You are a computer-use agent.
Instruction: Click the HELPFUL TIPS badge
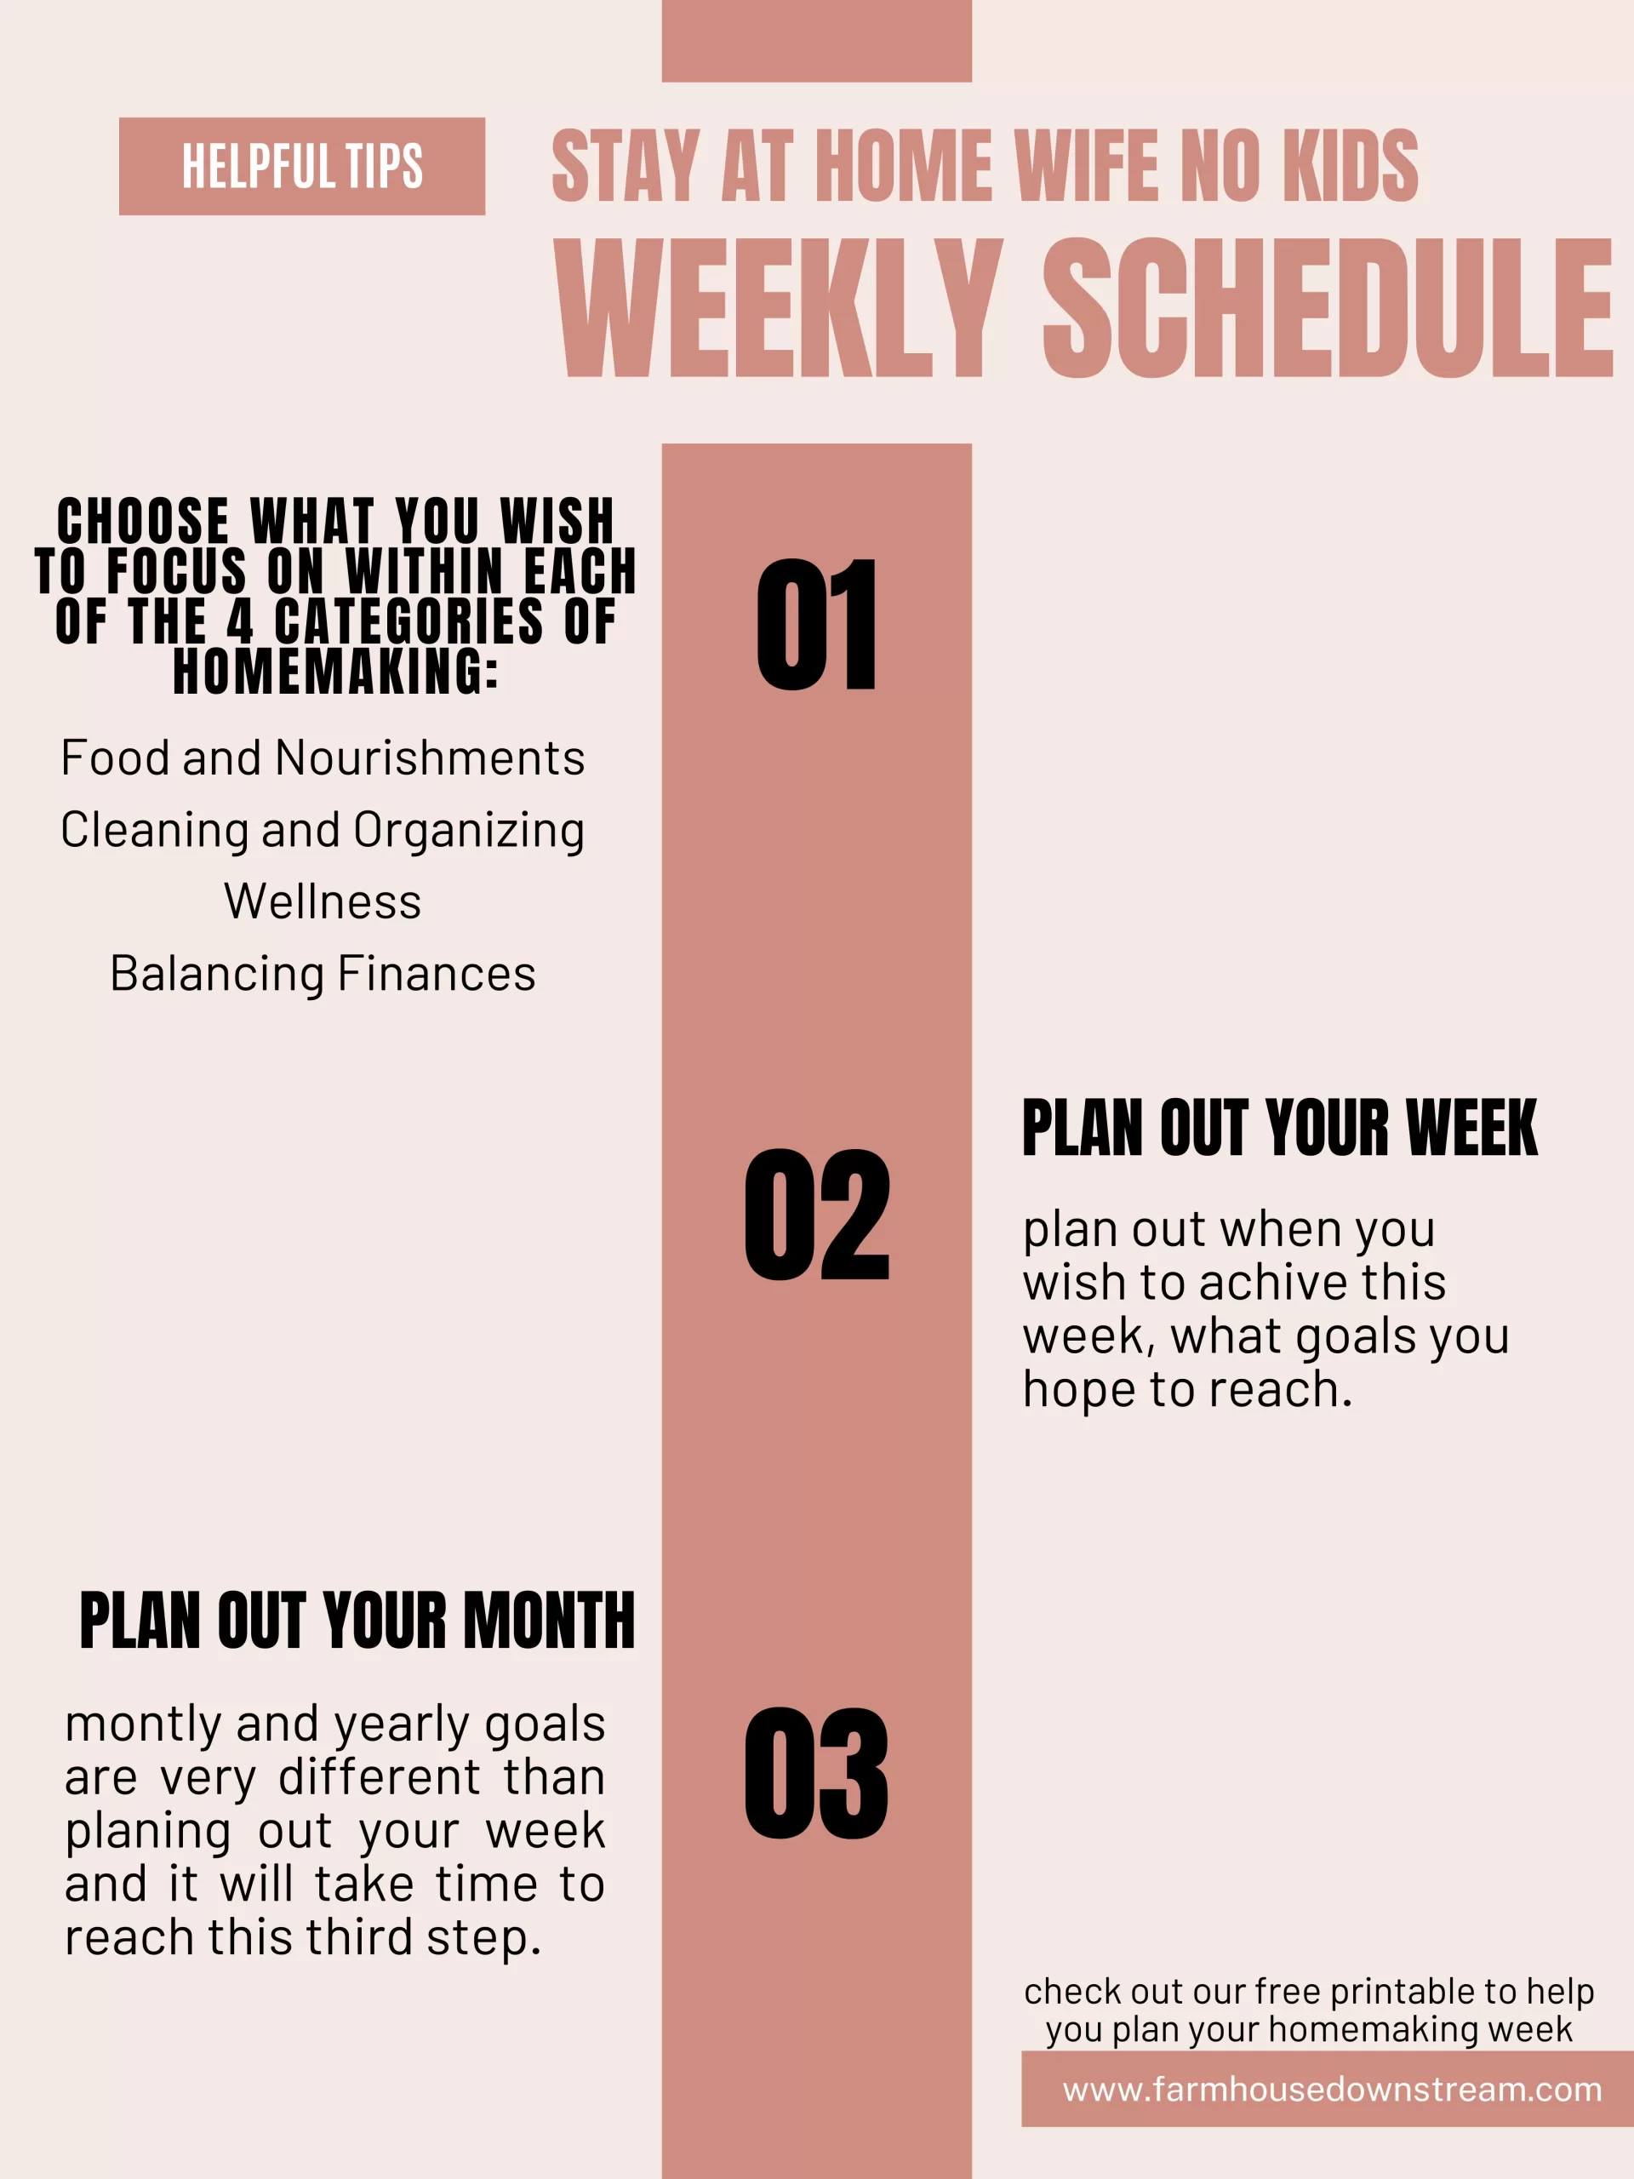(301, 167)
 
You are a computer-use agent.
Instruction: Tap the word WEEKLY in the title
(778, 308)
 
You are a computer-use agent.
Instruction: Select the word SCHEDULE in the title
(1328, 308)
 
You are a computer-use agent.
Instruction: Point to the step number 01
(816, 625)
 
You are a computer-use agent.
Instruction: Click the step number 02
(816, 1215)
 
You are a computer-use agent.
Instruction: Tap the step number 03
(816, 1773)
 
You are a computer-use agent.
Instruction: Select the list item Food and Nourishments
(323, 758)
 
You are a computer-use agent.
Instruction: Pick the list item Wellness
(323, 901)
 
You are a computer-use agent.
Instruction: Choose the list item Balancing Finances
(323, 973)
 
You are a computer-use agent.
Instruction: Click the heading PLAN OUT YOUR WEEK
(1279, 1128)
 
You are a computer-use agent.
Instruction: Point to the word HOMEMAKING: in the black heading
(336, 672)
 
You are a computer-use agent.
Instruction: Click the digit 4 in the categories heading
(240, 621)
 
